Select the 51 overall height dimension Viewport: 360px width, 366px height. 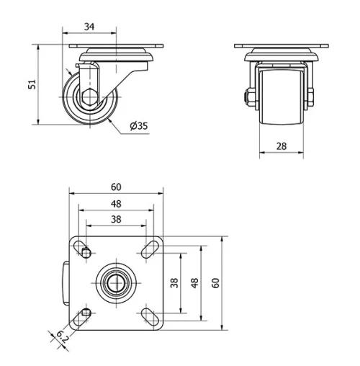pyautogui.click(x=31, y=84)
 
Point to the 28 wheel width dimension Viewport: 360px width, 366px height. pyautogui.click(x=281, y=146)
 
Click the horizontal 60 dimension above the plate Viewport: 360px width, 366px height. pyautogui.click(x=116, y=187)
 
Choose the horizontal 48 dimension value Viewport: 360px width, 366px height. pyautogui.click(x=116, y=203)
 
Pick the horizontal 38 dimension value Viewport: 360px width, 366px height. pyautogui.click(x=116, y=220)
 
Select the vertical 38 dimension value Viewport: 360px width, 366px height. pyautogui.click(x=174, y=282)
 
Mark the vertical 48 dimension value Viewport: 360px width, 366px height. pyautogui.click(x=194, y=282)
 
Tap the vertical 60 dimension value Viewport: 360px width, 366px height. pyautogui.click(x=214, y=282)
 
